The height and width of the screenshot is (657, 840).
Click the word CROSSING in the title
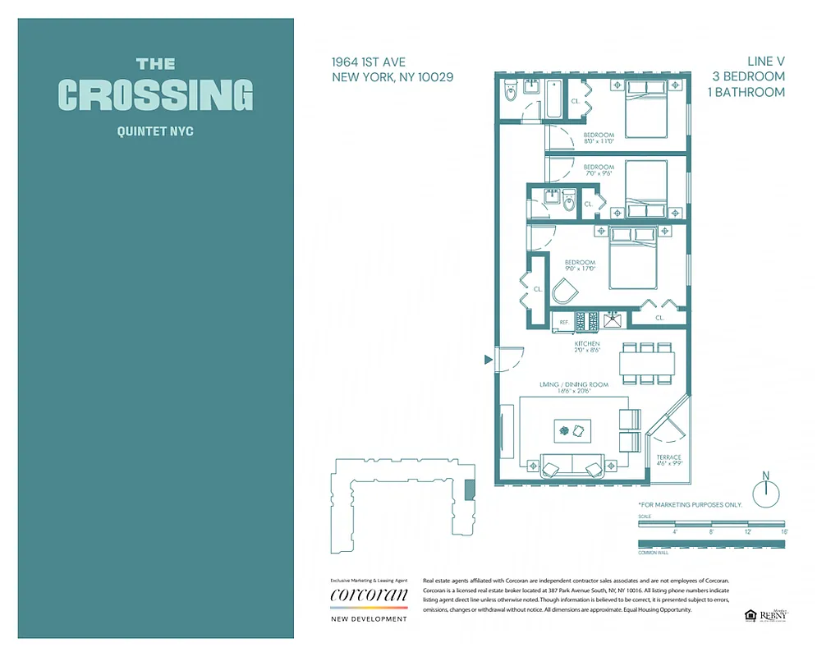155,95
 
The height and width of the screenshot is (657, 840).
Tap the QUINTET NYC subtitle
155,131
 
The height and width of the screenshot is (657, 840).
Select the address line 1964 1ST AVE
368,62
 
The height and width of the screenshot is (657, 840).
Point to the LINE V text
765,61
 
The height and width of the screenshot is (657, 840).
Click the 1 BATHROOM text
746,92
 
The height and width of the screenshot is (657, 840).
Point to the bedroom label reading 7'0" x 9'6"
599,171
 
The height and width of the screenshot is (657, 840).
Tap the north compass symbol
765,492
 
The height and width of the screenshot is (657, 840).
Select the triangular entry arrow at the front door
488,359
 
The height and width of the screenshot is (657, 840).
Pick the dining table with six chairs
647,362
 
